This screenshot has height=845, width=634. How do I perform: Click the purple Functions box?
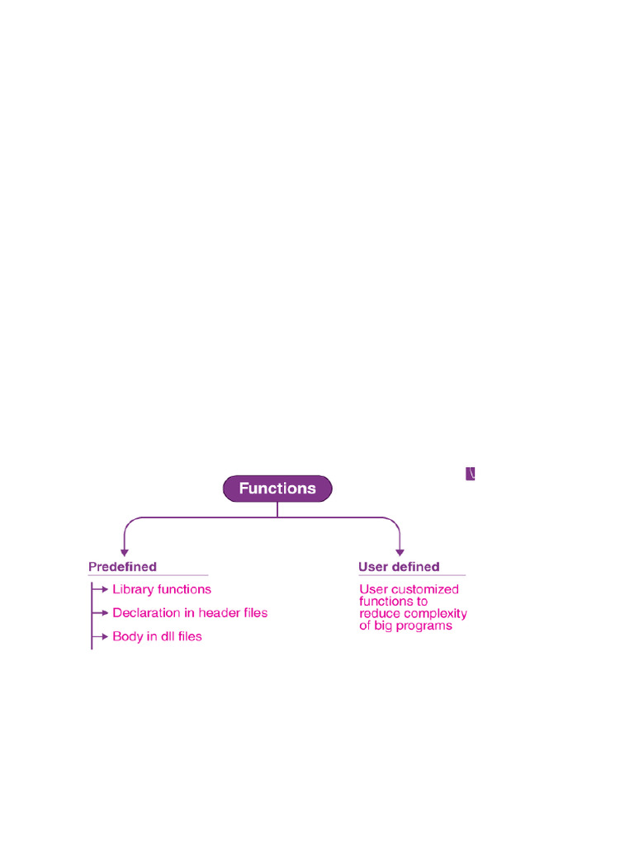coord(277,489)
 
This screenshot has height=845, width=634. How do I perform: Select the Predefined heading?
coord(122,567)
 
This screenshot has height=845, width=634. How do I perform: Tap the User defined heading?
coord(399,567)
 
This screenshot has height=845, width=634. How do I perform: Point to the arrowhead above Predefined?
coord(123,551)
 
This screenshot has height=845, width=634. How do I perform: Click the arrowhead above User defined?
coord(400,551)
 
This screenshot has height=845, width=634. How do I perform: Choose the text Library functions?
coord(162,589)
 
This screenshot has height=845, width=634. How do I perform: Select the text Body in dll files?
coord(157,637)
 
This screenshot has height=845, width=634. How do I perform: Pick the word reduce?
coord(378,614)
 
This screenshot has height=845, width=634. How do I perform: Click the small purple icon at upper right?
coord(471,474)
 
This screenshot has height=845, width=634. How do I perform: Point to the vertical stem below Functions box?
coord(277,509)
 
